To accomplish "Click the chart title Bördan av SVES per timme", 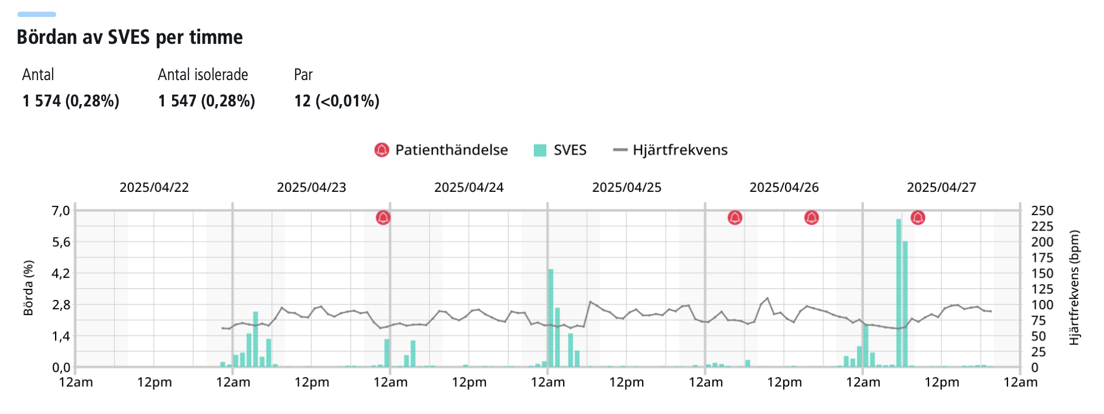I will click(x=129, y=37).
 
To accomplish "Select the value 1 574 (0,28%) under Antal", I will click(x=71, y=101).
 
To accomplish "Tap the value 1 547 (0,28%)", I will click(x=207, y=101).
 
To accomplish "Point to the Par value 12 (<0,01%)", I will click(x=337, y=101).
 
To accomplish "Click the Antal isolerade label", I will click(x=203, y=75).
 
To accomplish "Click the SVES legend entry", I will click(x=560, y=150).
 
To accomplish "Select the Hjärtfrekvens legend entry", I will click(x=670, y=150).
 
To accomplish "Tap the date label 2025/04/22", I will click(x=154, y=188).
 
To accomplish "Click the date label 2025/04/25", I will click(x=626, y=188).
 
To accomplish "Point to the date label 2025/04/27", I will click(x=941, y=188).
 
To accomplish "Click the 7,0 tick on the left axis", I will click(x=61, y=211).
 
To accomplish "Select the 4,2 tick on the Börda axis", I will click(x=61, y=274).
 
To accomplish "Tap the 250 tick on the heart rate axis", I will click(x=1042, y=211).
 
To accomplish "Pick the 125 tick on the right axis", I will click(x=1042, y=289).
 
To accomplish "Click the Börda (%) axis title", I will click(x=28, y=288).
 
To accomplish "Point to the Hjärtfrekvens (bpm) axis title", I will click(x=1074, y=288).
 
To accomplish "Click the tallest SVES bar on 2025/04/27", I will click(x=899, y=292).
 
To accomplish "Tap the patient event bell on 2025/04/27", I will click(x=918, y=218).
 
